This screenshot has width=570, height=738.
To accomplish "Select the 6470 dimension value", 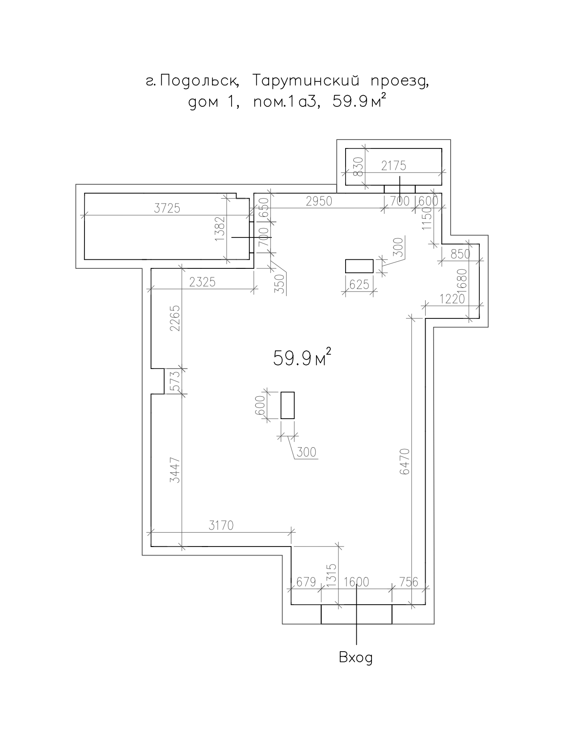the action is [405, 462].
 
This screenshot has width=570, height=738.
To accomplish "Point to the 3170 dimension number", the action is [221, 526].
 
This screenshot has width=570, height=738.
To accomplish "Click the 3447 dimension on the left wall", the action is [175, 470].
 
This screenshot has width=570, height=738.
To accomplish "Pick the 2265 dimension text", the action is [175, 318].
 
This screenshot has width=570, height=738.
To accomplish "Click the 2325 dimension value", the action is [203, 282].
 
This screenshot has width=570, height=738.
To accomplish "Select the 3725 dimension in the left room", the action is [167, 208].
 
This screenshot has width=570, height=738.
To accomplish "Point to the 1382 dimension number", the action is [220, 229].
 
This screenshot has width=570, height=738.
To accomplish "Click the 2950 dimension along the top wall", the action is [319, 201].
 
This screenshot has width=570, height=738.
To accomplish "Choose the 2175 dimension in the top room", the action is [394, 166].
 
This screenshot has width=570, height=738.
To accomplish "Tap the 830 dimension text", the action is [358, 167].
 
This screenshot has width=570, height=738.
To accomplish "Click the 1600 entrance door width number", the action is [356, 582].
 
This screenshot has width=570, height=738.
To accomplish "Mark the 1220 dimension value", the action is [452, 299].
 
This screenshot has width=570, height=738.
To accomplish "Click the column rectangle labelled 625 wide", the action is [359, 266].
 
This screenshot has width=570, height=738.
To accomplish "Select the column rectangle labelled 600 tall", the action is [287, 405].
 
